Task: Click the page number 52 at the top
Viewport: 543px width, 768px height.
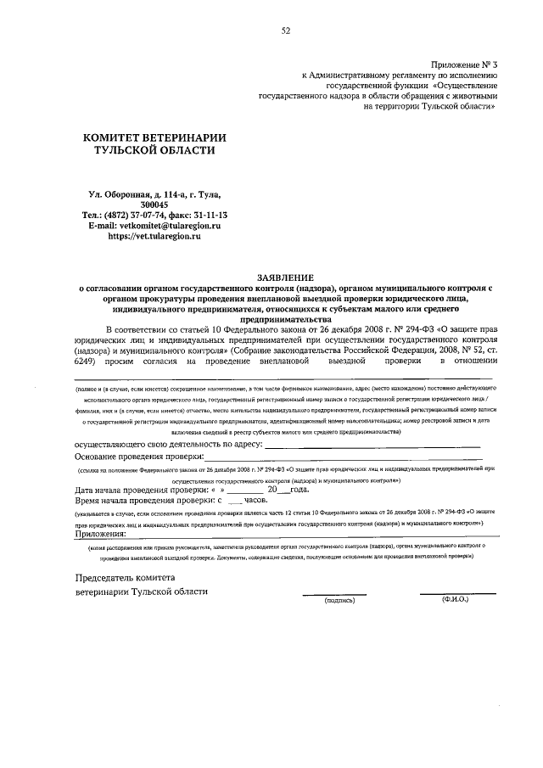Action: [286, 31]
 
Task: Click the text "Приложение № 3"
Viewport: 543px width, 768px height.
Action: [464, 64]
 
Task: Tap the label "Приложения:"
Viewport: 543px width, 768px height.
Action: [100, 534]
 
